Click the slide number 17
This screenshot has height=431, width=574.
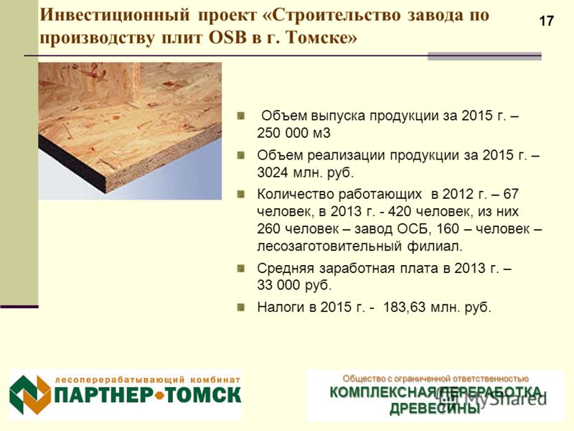click(x=547, y=21)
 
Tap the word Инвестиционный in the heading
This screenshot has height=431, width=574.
click(x=115, y=15)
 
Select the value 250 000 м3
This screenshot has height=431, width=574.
click(x=293, y=133)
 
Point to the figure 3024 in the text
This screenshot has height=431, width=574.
click(x=273, y=172)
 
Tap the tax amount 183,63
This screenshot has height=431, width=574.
click(x=404, y=307)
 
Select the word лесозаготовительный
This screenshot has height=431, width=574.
click(x=329, y=246)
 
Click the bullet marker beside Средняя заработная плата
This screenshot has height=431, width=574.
click(x=241, y=269)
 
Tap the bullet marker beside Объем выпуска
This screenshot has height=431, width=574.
click(x=241, y=116)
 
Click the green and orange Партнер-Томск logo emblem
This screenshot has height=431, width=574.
click(x=30, y=394)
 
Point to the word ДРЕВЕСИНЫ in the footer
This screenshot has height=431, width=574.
click(x=435, y=408)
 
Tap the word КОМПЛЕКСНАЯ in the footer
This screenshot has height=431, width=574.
click(x=384, y=392)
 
